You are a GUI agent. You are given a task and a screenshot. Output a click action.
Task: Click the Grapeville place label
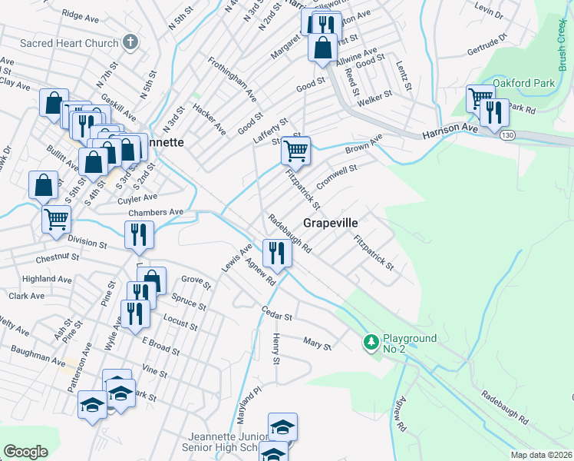pos(331,223)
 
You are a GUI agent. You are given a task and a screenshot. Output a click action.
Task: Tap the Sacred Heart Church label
pos(69,43)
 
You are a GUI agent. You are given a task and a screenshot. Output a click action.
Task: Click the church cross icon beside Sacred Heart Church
pos(130,42)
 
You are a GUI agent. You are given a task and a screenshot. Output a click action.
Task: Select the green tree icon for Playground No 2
pos(371,340)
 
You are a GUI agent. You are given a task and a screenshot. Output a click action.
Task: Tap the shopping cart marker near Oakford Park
pos(480,98)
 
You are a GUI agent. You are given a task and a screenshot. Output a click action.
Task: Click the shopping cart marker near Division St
pos(56,219)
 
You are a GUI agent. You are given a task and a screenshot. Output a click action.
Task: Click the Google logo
pos(25,452)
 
